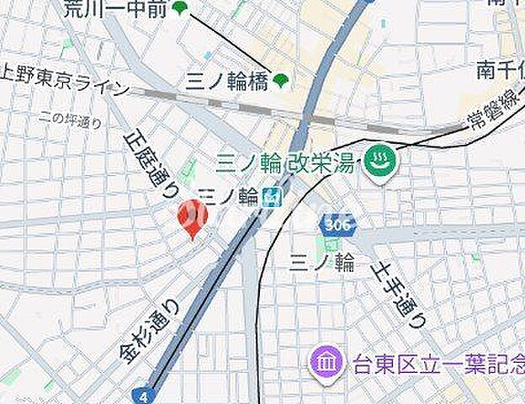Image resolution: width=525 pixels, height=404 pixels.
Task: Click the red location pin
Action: coord(193,217)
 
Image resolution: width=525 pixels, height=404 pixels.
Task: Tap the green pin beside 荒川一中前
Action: coord(179,8)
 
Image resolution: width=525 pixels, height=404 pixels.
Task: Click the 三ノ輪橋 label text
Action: coord(225,81)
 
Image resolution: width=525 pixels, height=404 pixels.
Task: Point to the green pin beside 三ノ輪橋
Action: coord(281,80)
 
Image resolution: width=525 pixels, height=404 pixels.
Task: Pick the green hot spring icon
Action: coord(380,162)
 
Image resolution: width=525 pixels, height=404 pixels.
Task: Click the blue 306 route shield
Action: coord(337,225)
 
